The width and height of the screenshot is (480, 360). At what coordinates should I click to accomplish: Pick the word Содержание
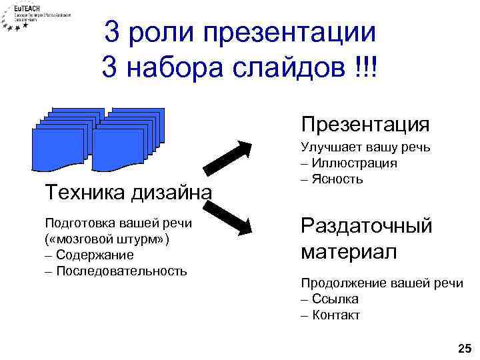[x=95, y=255]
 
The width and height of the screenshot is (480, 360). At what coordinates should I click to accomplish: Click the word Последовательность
[x=121, y=271]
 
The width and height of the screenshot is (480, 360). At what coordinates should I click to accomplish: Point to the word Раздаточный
[x=367, y=225]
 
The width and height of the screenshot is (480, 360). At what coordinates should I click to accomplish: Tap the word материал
[x=349, y=252]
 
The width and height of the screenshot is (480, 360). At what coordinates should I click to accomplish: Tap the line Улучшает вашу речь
[x=365, y=147]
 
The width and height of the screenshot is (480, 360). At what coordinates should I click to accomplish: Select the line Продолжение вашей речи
[x=381, y=283]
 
